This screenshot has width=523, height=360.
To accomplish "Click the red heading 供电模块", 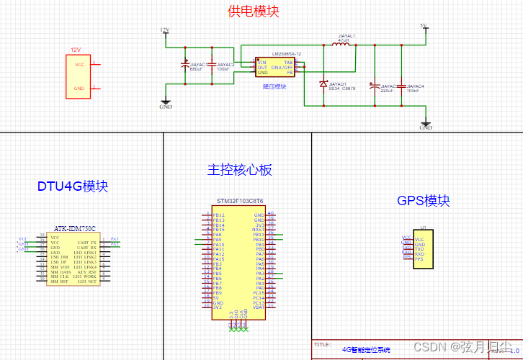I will click(x=253, y=12).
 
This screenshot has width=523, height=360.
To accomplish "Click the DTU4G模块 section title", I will click(x=73, y=186).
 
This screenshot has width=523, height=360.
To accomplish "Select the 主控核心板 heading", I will click(x=239, y=170).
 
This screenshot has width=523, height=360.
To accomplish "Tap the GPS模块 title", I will click(x=424, y=200).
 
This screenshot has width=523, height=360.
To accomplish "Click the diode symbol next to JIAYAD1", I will click(x=323, y=84).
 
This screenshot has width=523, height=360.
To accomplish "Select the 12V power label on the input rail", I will click(x=164, y=30).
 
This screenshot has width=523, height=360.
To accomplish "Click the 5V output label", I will click(x=424, y=27).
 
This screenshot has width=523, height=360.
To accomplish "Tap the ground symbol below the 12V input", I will click(x=166, y=103).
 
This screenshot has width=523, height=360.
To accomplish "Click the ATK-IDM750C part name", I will click(x=75, y=228).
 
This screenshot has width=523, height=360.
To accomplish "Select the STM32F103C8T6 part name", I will click(x=240, y=202).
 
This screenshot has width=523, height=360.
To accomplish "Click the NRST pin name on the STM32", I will click(x=259, y=229).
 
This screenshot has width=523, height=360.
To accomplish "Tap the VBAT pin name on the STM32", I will click(x=259, y=307).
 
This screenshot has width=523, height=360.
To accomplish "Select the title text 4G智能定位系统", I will click(x=365, y=350).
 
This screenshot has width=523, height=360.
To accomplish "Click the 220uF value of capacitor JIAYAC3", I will click(x=386, y=91).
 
